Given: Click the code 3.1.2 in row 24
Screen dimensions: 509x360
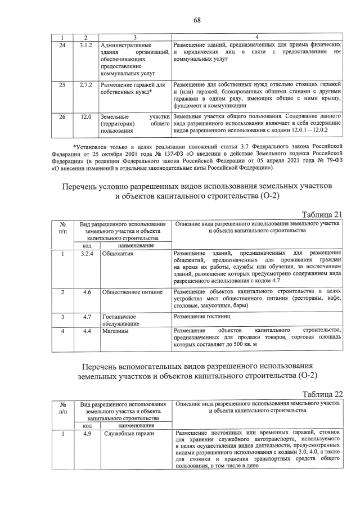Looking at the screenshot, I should point(86,44).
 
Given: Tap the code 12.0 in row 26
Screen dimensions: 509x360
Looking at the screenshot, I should point(86,116).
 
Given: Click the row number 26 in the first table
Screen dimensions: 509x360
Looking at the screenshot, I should point(62,116).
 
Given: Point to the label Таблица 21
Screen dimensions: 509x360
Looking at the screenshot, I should point(321,214).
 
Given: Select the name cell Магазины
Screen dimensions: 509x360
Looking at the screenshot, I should point(116,331).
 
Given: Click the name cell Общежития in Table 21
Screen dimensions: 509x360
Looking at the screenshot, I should point(118,254).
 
